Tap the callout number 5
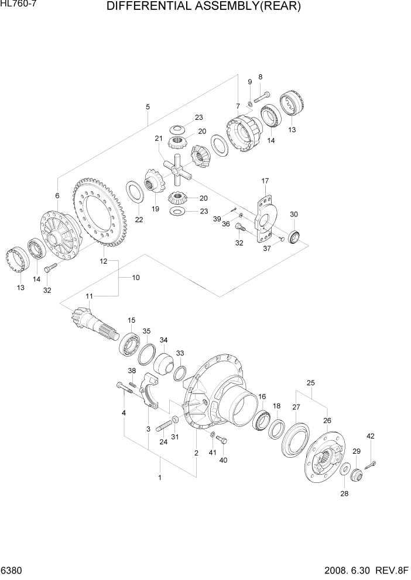pos(148,106)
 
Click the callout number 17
pos(265,181)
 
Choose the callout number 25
pos(311,382)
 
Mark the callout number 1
pos(160,478)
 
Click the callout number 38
pos(132,371)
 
